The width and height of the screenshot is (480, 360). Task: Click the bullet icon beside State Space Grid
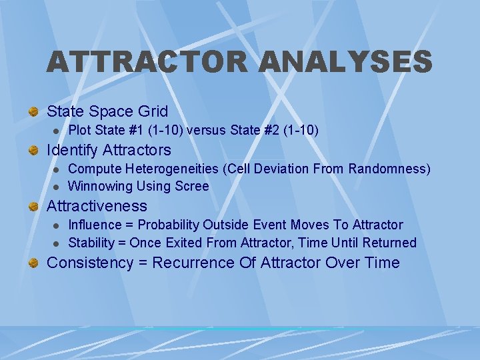(x=33, y=111)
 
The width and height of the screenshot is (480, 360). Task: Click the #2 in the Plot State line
(x=265, y=130)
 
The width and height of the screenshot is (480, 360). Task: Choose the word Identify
(x=73, y=150)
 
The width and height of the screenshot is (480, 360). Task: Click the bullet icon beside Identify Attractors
(x=33, y=151)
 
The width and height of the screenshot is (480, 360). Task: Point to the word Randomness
(x=391, y=169)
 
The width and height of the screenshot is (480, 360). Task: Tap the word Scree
(x=192, y=186)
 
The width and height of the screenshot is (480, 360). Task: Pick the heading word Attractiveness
(x=97, y=206)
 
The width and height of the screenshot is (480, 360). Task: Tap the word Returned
(x=389, y=243)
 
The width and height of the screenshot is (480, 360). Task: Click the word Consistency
(x=90, y=263)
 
